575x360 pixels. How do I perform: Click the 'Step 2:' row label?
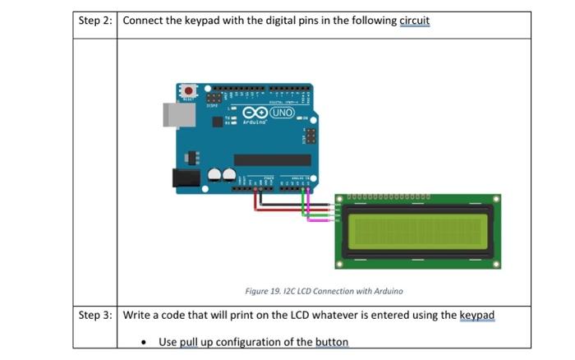click(94, 21)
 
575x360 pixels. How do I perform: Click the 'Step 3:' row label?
click(94, 316)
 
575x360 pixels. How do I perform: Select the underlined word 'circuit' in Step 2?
click(415, 21)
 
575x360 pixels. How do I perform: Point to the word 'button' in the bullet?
click(332, 342)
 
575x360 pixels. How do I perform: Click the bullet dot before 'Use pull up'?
click(145, 342)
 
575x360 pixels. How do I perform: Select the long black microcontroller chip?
click(272, 159)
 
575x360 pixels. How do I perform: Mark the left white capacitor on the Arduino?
click(214, 174)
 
